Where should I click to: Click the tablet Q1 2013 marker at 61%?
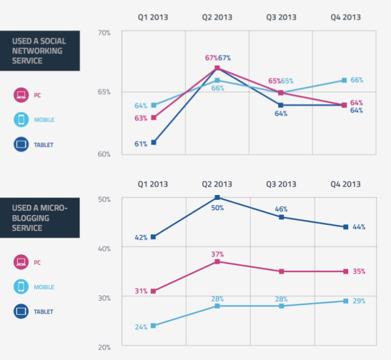click(x=154, y=142)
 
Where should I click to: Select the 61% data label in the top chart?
click(x=141, y=144)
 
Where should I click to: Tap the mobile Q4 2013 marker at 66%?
click(x=345, y=80)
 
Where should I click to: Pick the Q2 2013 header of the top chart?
click(x=217, y=17)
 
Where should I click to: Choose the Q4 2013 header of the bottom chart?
click(x=345, y=184)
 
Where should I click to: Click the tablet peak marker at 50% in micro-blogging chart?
click(x=217, y=197)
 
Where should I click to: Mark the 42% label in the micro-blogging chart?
click(x=141, y=237)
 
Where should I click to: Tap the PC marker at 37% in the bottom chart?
click(x=217, y=262)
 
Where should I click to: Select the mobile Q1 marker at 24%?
click(x=154, y=326)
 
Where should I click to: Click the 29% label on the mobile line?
click(x=358, y=302)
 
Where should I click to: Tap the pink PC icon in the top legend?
click(x=21, y=95)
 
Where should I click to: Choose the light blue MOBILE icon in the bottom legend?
click(x=21, y=287)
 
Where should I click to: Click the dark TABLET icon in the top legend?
click(x=21, y=145)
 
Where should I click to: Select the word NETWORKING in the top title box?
click(x=39, y=51)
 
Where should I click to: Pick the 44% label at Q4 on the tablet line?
click(x=359, y=227)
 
